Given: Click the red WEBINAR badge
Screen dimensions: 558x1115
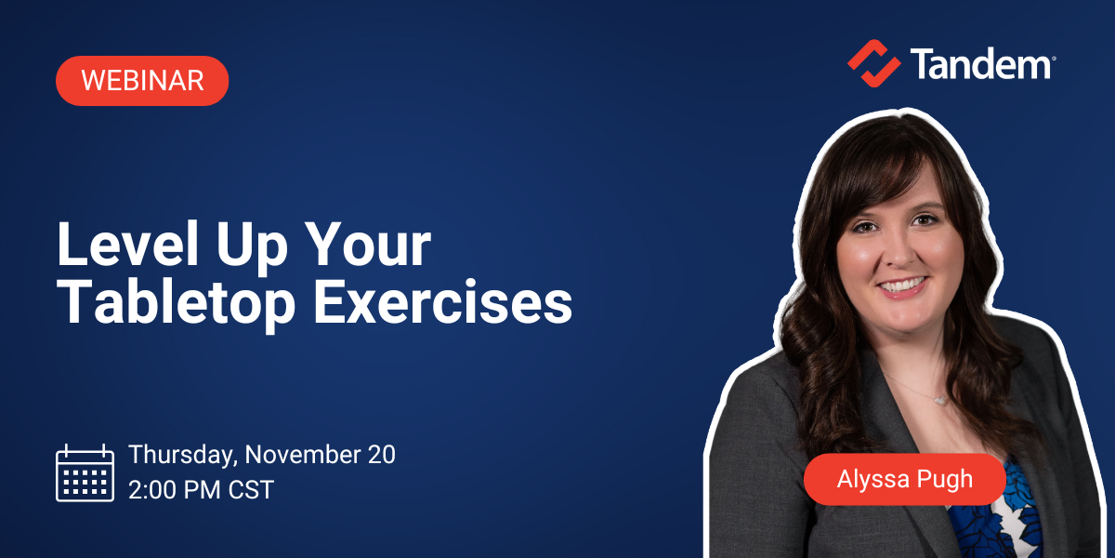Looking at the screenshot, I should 142,81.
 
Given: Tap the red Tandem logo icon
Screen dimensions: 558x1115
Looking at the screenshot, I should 873,63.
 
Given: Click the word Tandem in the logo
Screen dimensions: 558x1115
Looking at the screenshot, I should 979,64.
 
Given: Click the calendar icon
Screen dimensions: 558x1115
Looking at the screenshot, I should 85,472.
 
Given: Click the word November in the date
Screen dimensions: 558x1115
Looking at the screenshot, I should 303,455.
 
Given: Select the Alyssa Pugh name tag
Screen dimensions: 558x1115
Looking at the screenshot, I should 904,480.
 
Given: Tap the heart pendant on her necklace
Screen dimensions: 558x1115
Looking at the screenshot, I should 939,400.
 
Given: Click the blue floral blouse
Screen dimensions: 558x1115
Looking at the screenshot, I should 1008,521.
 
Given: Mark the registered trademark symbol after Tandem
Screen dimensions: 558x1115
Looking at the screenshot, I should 1052,58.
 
